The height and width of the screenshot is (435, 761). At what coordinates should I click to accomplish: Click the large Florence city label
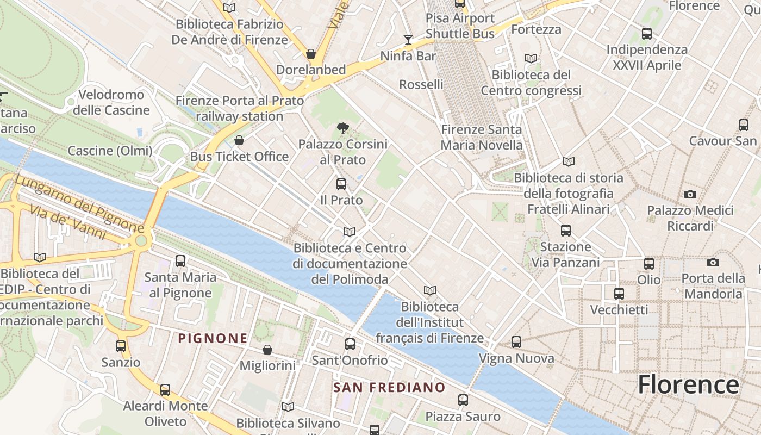point(688,384)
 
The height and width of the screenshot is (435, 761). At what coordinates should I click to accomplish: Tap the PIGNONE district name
point(213,338)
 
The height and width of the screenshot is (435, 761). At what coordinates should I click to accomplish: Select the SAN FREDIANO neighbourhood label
point(389,387)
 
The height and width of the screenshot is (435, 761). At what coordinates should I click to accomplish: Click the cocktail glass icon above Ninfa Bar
point(408,39)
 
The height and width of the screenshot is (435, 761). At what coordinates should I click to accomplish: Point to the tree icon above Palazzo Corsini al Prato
point(342,128)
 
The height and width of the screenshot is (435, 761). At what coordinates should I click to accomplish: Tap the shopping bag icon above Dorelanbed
point(311,54)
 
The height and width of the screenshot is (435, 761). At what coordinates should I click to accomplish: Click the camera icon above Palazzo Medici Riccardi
point(690,194)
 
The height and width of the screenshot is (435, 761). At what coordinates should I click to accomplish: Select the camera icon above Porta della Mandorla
point(713,263)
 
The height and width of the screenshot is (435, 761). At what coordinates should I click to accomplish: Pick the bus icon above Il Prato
point(341,184)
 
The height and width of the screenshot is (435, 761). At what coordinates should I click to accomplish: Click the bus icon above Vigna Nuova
point(516,342)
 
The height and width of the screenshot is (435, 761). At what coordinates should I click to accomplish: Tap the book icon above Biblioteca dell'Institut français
point(430,290)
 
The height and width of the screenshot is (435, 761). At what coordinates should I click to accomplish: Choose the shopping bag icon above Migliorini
point(267,349)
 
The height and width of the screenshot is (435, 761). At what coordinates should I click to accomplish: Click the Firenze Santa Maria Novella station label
point(482,137)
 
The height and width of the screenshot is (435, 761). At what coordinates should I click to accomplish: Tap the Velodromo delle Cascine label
point(111,102)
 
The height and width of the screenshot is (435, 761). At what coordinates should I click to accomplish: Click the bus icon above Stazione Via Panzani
point(566,231)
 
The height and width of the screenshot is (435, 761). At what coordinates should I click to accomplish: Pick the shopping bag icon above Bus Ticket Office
point(239,141)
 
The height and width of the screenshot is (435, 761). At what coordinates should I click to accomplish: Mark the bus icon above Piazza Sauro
point(463,400)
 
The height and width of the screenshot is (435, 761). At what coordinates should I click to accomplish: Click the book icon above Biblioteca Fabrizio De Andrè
point(229,8)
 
